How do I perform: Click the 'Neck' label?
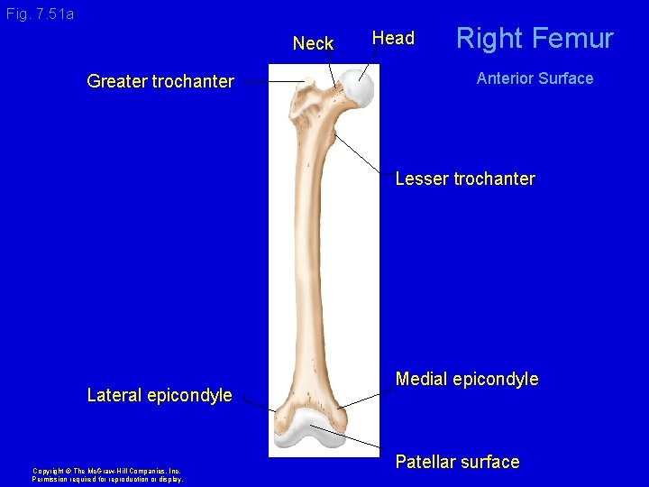[x=313, y=43]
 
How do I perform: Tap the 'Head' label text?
[x=393, y=38]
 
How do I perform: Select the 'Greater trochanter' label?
[x=160, y=82]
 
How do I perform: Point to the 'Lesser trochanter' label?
[x=464, y=179]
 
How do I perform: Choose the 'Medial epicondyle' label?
[x=466, y=379]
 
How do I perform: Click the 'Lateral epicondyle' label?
[x=159, y=395]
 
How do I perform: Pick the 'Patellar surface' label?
[x=457, y=462]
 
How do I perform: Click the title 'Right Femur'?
[x=534, y=38]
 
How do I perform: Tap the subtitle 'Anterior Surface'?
[x=534, y=78]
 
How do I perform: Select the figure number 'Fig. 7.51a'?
[x=40, y=14]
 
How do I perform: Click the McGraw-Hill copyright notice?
[x=106, y=474]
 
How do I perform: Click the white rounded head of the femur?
[x=360, y=87]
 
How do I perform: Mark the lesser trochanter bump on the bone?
[x=333, y=136]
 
